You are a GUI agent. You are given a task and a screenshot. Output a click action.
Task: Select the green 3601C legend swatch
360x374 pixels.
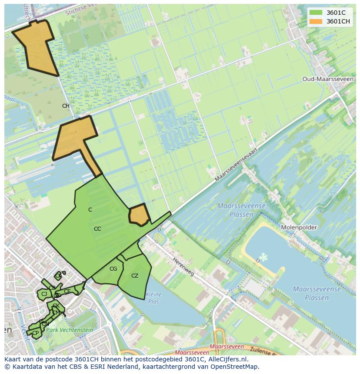[x=316, y=13]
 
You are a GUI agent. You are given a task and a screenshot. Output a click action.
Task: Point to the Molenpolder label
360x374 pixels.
[x=299, y=227]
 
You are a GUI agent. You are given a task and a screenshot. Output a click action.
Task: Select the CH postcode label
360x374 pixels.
[x=66, y=106]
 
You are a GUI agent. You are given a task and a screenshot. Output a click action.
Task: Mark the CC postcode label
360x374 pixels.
[x=97, y=228]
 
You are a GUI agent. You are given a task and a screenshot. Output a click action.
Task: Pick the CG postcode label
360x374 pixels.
[x=113, y=269]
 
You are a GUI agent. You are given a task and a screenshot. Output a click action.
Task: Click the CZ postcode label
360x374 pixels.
[x=135, y=275]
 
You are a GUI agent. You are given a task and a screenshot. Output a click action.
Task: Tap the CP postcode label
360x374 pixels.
[x=36, y=333]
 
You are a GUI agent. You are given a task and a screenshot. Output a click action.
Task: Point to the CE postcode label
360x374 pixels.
[x=67, y=291]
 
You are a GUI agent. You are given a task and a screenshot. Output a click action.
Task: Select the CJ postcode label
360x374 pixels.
[x=44, y=294]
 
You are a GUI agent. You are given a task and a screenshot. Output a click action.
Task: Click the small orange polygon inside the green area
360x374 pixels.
[x=139, y=215]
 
